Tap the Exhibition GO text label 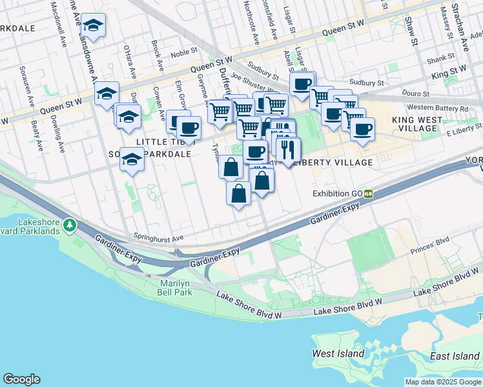338,193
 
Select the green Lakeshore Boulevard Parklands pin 69,226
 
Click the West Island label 332,353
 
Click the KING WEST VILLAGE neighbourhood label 418,124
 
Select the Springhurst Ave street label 158,237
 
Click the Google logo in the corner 21,379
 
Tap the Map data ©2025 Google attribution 443,382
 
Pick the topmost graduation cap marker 94,26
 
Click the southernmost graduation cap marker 132,159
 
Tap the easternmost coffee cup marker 362,128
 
